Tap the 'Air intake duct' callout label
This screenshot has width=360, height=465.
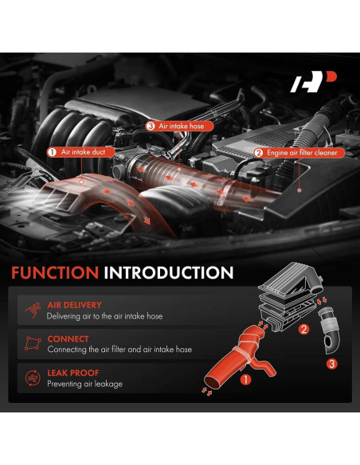(x=83, y=151)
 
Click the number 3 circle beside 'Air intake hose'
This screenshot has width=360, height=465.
(x=150, y=126)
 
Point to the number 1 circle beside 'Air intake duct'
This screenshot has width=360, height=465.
(x=52, y=151)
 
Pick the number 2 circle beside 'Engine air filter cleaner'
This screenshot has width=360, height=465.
(x=258, y=151)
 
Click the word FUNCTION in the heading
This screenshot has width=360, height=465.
(x=55, y=273)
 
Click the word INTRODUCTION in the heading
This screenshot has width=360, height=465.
(x=168, y=273)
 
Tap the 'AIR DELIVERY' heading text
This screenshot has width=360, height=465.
(x=75, y=305)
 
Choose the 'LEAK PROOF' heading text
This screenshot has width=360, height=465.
(x=72, y=373)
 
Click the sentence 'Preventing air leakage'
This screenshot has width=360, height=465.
(x=84, y=385)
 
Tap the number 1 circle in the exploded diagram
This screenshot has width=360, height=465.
(x=246, y=381)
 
